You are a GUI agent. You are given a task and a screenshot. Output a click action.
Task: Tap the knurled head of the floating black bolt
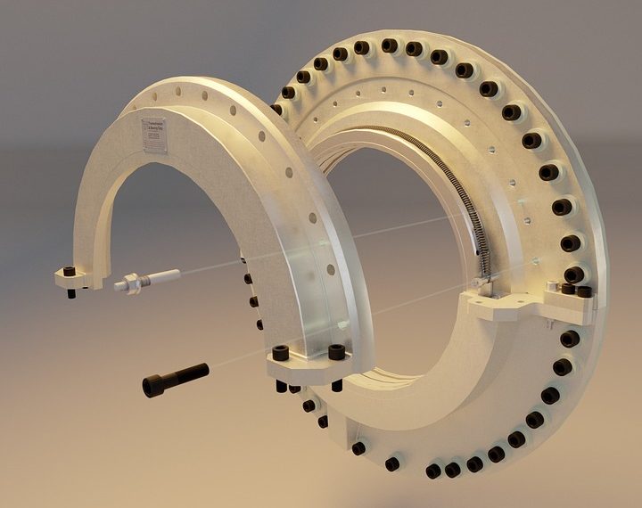pyautogui.click(x=153, y=385)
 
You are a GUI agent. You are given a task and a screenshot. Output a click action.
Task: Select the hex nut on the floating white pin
pyautogui.click(x=131, y=283)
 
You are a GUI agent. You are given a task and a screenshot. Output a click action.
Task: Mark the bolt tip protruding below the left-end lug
pyautogui.click(x=70, y=294)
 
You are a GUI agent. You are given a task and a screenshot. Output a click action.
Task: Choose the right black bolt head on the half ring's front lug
pyautogui.click(x=336, y=352)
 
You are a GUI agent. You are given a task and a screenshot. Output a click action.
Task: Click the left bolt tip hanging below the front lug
pyautogui.click(x=284, y=388)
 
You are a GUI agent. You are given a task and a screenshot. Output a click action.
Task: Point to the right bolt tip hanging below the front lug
pyautogui.click(x=337, y=386)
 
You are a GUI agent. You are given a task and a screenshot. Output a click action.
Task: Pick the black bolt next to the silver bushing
pyautogui.click(x=568, y=289)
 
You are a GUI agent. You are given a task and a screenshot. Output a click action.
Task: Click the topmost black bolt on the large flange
pyautogui.click(x=389, y=45)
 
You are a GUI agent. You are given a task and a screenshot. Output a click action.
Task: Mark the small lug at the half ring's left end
pyautogui.click(x=78, y=278)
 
